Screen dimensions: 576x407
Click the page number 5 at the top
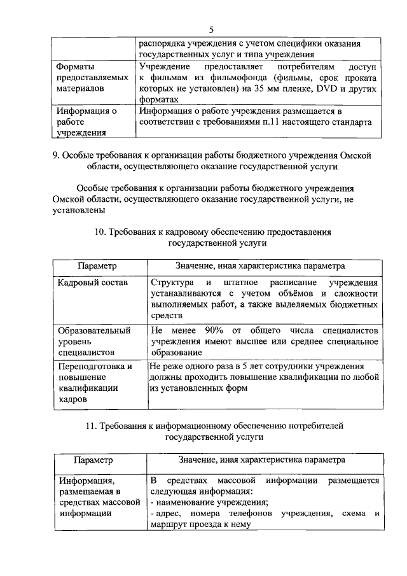(211, 29)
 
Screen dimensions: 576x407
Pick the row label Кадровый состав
(92, 282)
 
